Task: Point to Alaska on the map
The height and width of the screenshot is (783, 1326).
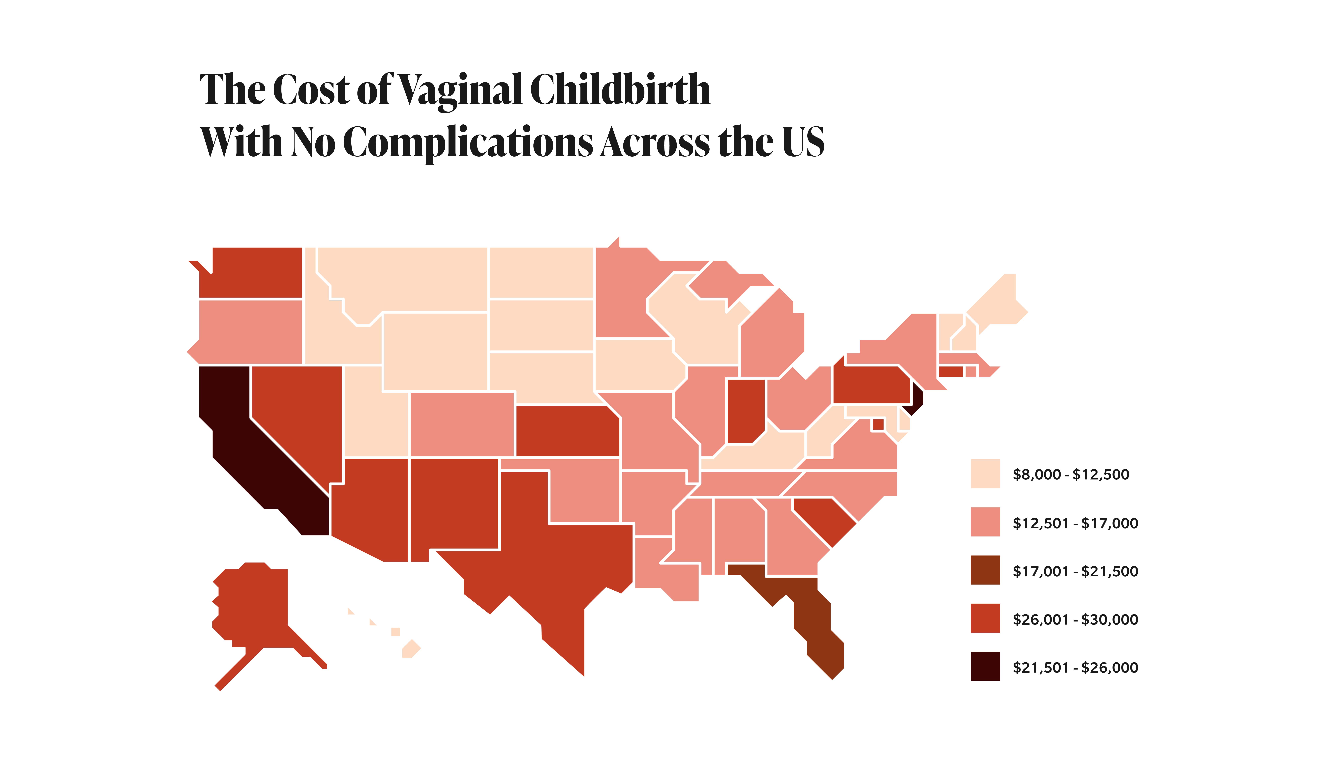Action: (x=253, y=607)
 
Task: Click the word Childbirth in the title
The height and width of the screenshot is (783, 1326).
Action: (x=620, y=90)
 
